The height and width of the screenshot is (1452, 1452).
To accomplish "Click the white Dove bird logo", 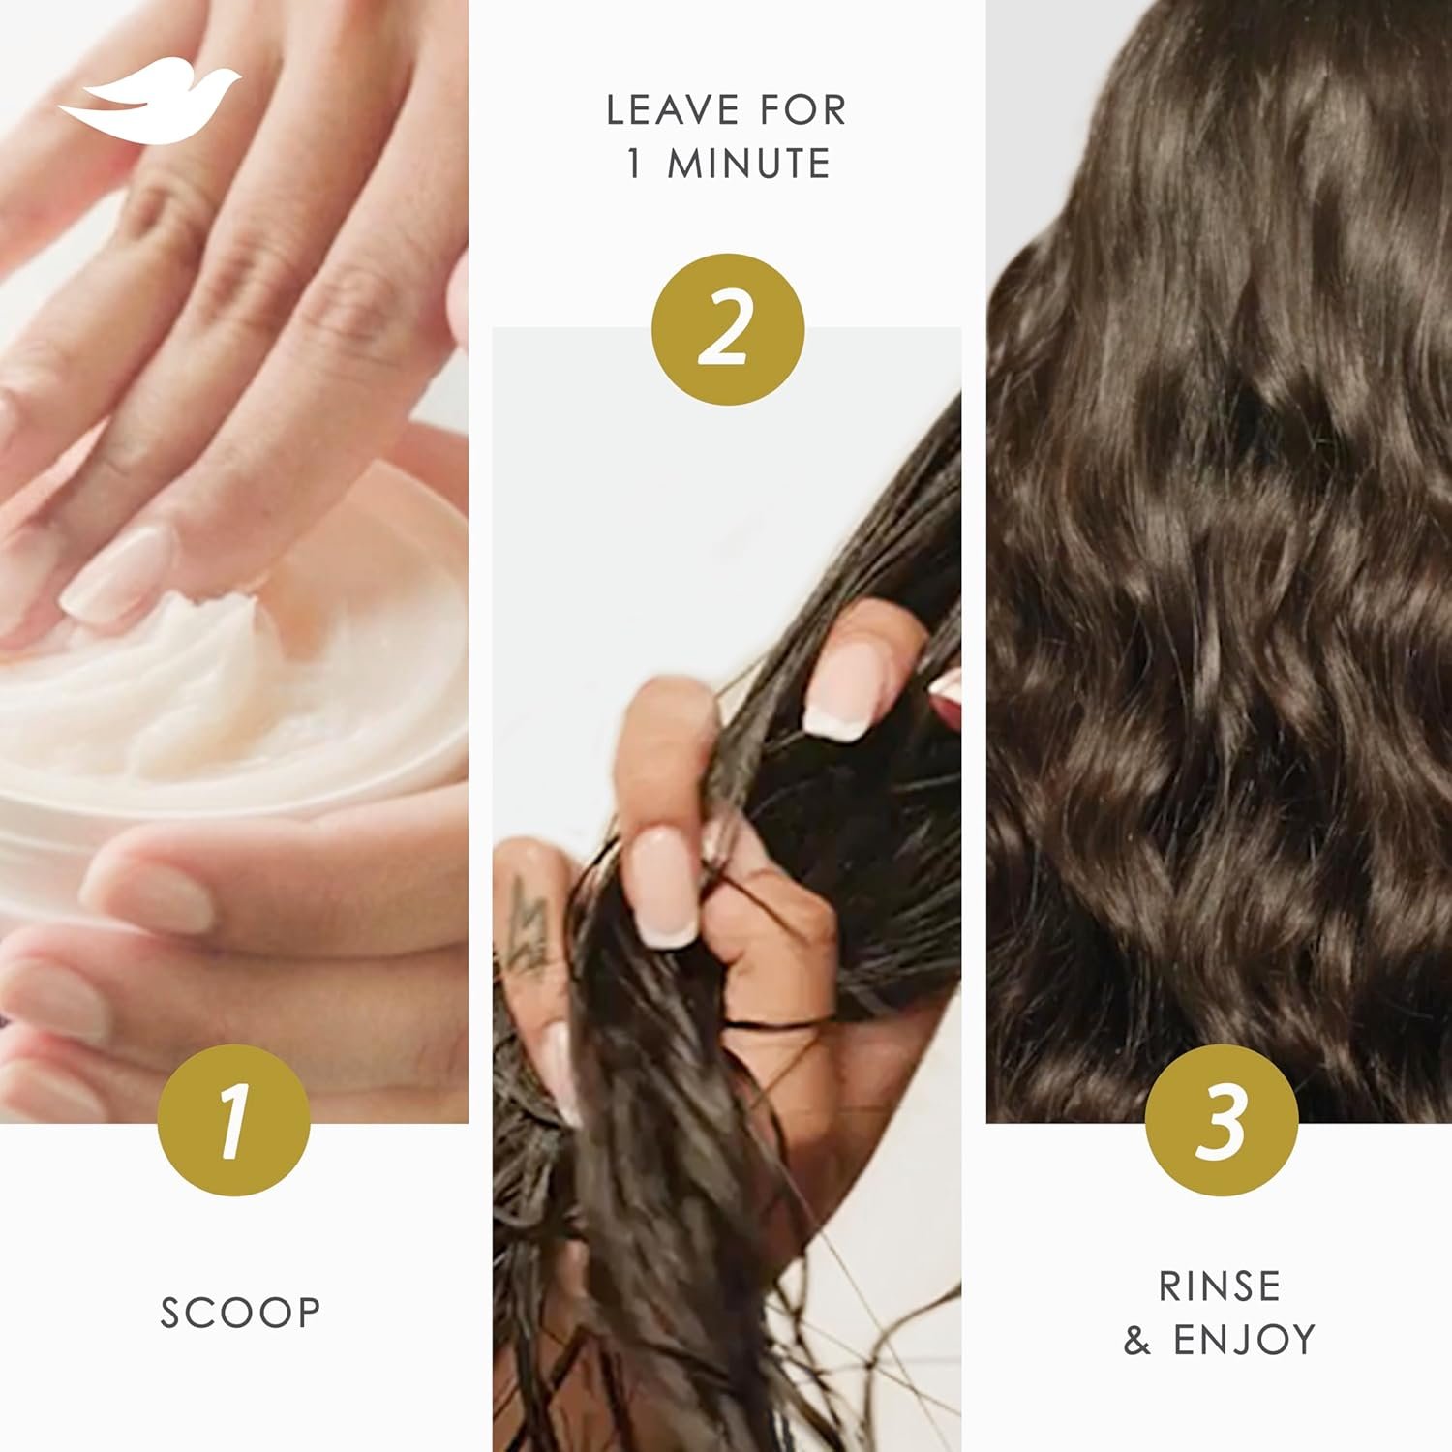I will point(148,105).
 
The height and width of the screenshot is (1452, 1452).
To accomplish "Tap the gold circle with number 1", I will point(233,1122).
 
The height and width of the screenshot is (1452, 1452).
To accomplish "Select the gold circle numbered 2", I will point(727,329).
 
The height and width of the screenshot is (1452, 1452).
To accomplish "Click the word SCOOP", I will point(240,1314).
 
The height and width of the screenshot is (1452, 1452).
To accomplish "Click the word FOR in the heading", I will point(802,111).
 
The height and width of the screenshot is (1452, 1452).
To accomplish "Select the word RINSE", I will point(1220,1286).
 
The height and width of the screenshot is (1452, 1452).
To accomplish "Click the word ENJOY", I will point(1245,1341).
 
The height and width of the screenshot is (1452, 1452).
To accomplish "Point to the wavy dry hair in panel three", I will point(1220,581).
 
